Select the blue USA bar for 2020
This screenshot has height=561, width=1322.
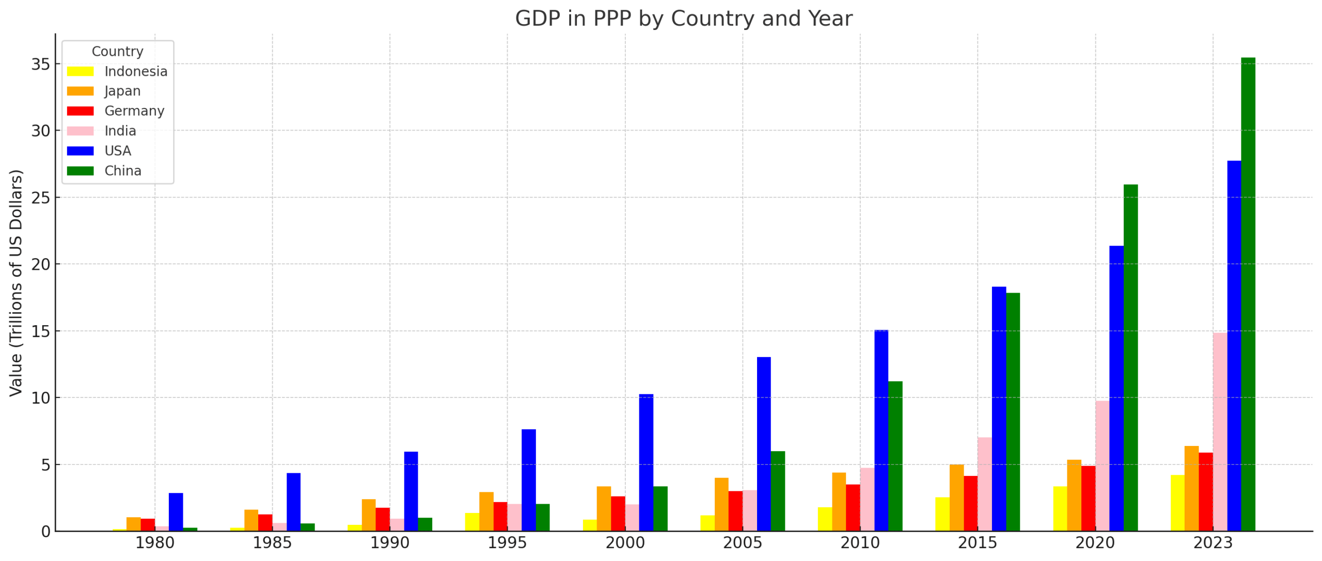coord(1115,387)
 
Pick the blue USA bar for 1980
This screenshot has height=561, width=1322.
coord(176,511)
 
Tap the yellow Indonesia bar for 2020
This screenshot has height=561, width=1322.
coord(1060,508)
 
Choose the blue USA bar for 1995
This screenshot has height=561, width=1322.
coord(528,479)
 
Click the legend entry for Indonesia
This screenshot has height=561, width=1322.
coord(135,71)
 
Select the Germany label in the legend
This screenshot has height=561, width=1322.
coord(134,111)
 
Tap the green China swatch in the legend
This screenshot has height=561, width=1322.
coord(80,171)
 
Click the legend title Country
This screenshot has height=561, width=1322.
coord(117,52)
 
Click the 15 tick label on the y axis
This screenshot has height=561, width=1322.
coord(40,331)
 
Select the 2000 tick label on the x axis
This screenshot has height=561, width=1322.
coord(625,543)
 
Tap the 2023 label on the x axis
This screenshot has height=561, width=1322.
coord(1213,543)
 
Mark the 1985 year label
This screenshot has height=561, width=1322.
coord(272,543)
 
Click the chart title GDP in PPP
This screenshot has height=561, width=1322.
coord(683,19)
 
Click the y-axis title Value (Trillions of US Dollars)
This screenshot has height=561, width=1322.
coord(16,282)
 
